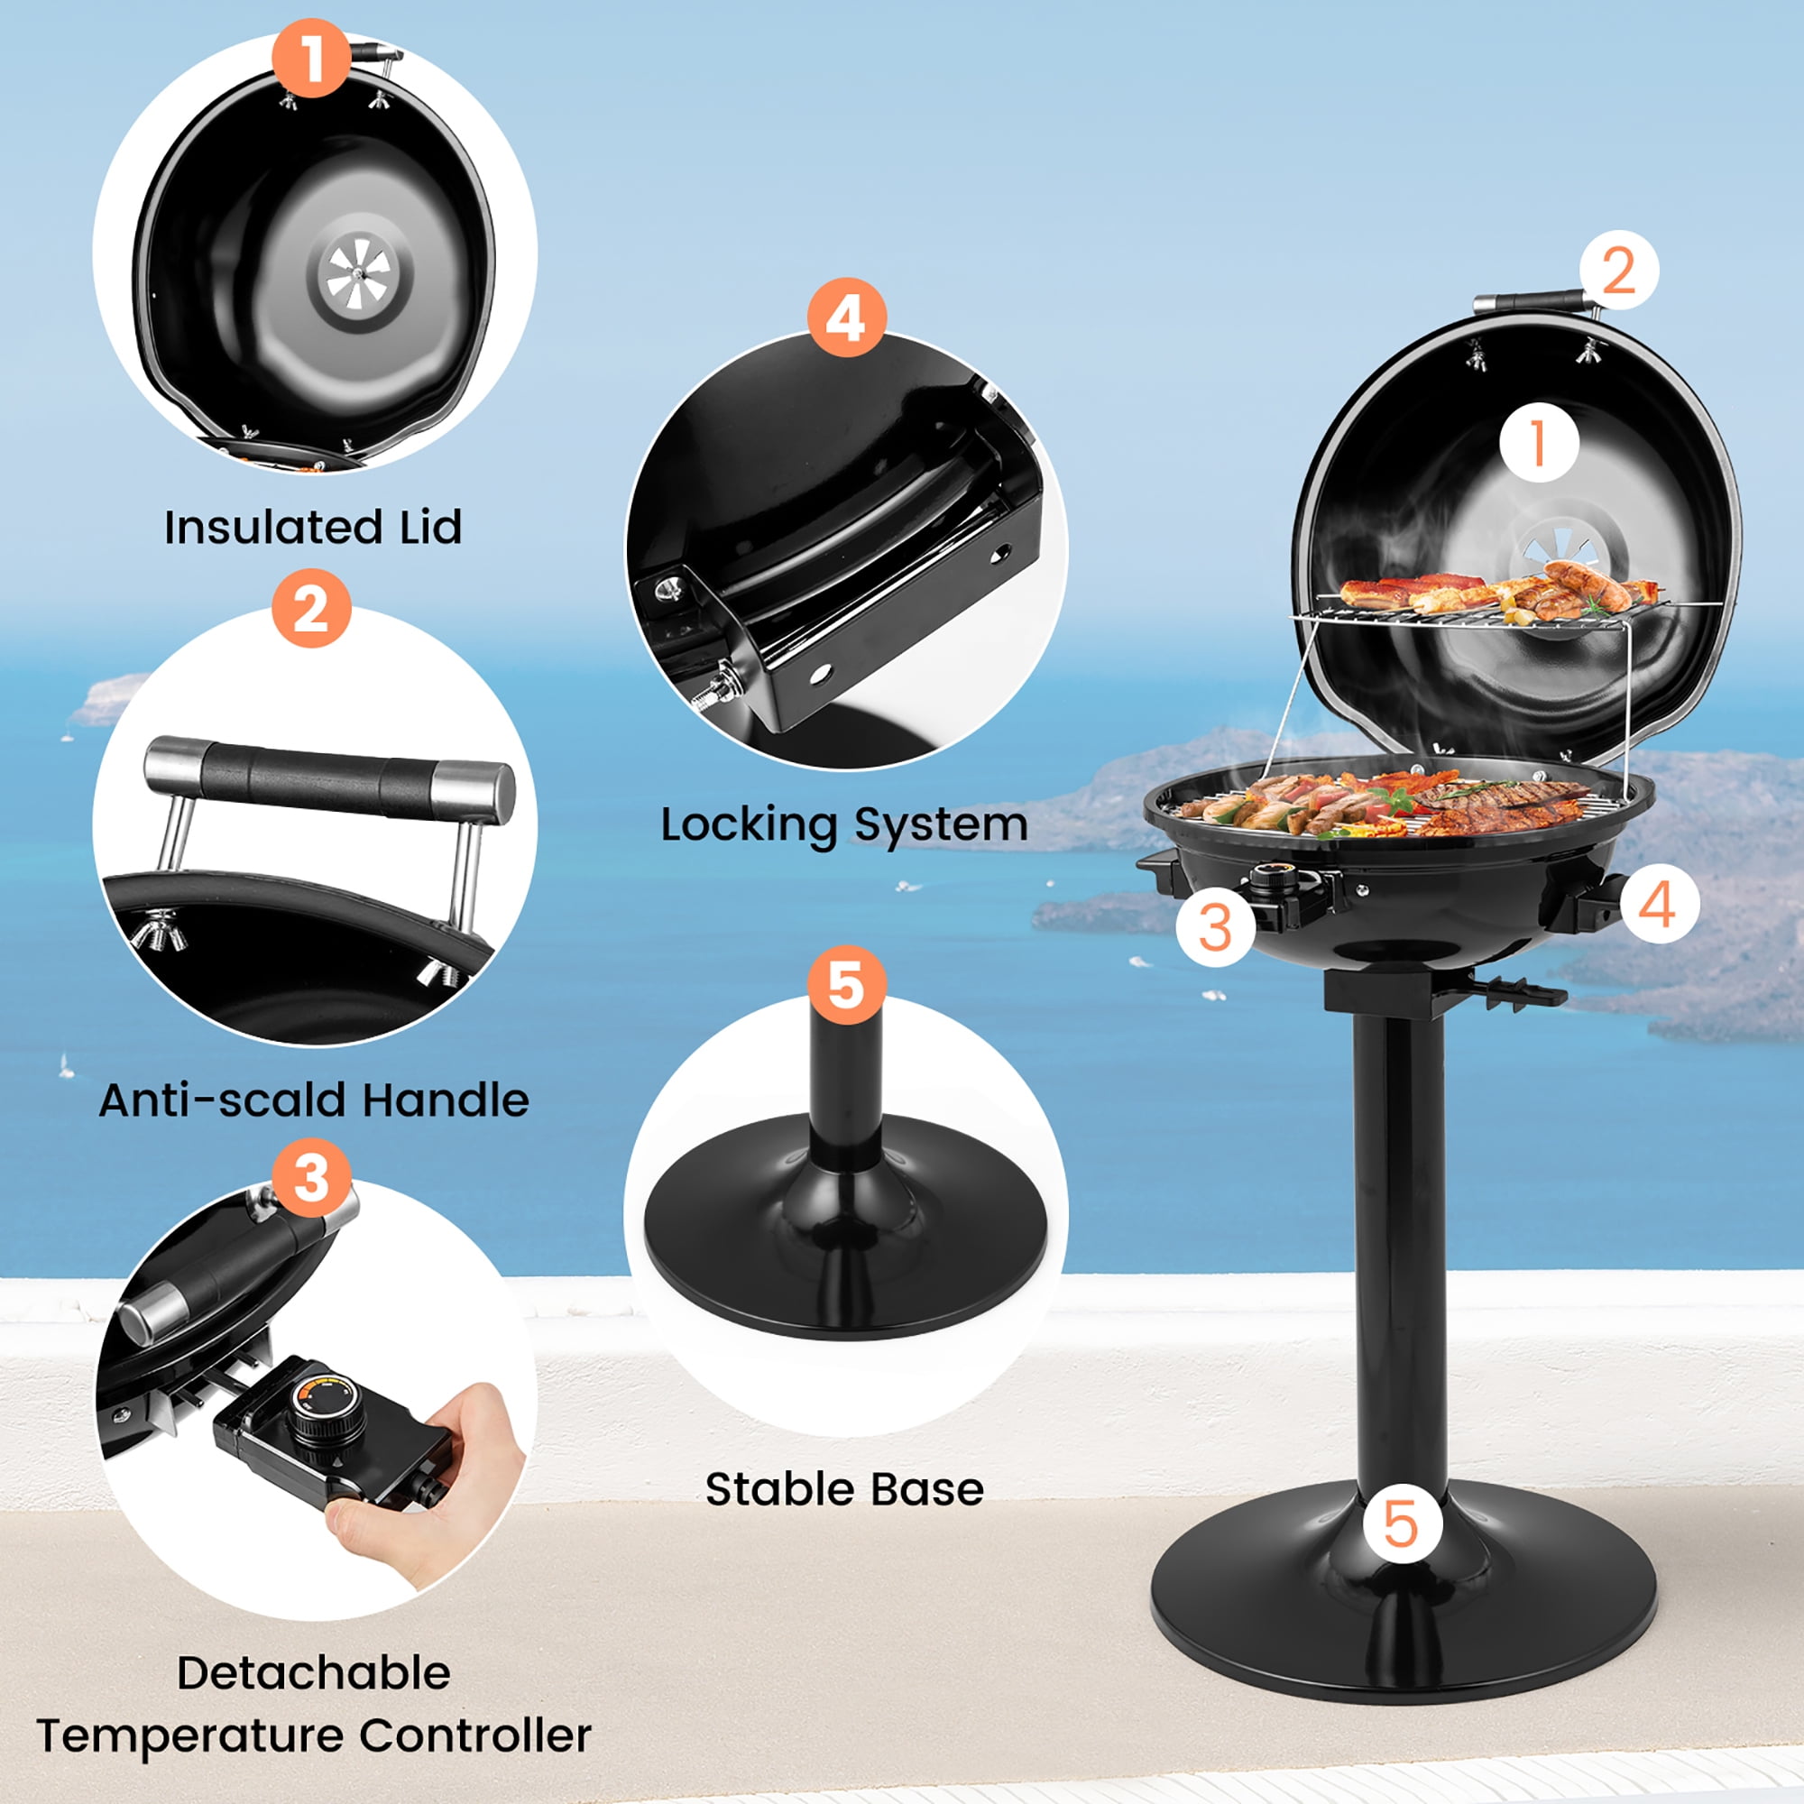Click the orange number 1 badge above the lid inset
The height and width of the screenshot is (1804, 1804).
click(x=312, y=58)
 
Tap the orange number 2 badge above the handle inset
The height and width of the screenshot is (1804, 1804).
click(x=312, y=609)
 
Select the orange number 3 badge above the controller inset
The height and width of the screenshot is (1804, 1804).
click(x=312, y=1177)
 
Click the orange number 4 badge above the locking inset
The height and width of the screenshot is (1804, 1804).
click(x=846, y=318)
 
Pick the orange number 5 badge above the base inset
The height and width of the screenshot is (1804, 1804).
click(x=846, y=984)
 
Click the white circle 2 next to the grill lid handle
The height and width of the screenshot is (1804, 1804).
click(x=1619, y=270)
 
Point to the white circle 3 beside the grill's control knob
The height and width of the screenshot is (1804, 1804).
click(x=1215, y=927)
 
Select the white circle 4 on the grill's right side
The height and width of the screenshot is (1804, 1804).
click(x=1660, y=903)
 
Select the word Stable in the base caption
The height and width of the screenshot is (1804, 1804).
click(x=771, y=1489)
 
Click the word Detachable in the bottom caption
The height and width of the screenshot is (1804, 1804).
click(x=314, y=1672)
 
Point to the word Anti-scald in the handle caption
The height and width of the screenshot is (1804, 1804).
click(x=223, y=1100)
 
